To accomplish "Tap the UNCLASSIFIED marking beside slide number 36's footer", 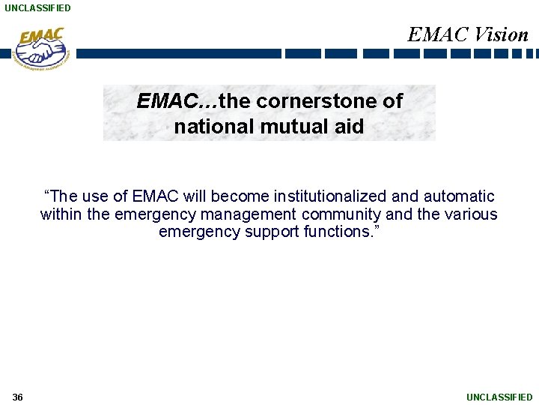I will pyautogui.click(x=499, y=397).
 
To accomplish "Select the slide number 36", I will pyautogui.click(x=18, y=397).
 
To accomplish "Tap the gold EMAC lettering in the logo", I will pyautogui.click(x=42, y=36).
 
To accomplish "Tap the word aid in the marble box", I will pyautogui.click(x=348, y=127).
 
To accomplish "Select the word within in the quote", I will pyautogui.click(x=62, y=214).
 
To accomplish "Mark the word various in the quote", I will pyautogui.click(x=470, y=214).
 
